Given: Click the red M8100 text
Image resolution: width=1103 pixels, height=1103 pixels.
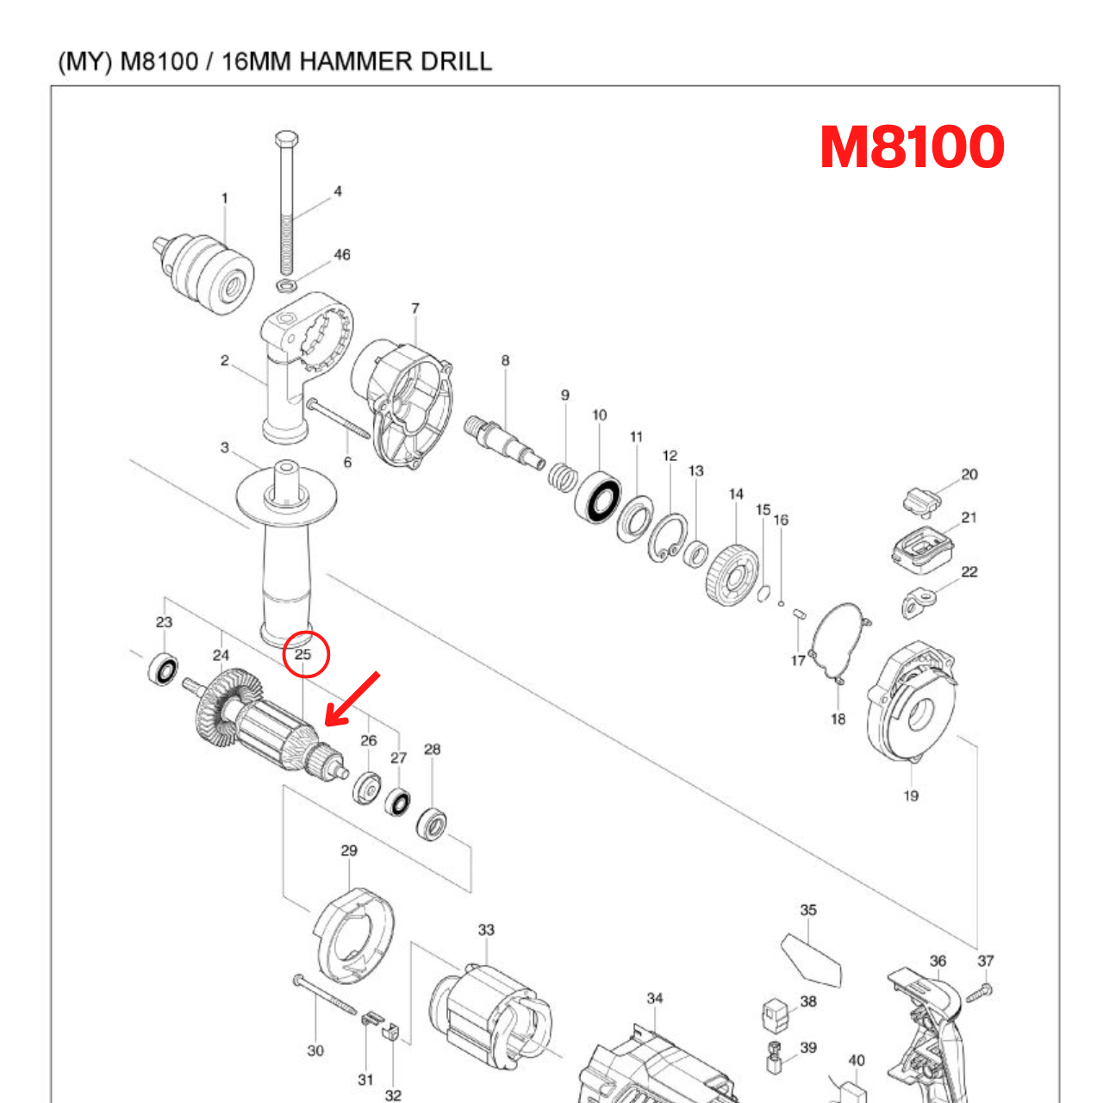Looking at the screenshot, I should coord(912,146).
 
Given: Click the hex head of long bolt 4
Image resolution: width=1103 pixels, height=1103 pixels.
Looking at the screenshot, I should coord(286,140).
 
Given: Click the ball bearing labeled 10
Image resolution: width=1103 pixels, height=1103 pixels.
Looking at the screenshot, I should coord(598,499).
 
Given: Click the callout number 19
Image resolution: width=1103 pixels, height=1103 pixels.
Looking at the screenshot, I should coord(911,795).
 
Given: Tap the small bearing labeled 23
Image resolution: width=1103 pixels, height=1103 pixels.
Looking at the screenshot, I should coord(163,669).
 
